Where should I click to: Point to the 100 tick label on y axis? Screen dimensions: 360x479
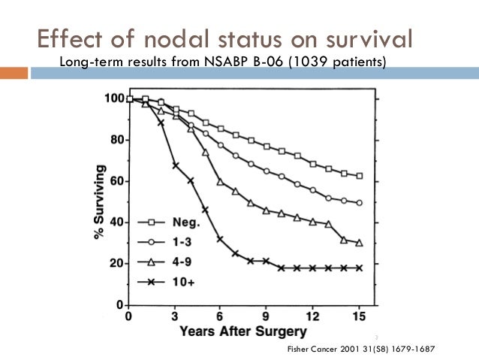pos(113,98)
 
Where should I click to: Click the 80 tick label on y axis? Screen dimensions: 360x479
pos(116,140)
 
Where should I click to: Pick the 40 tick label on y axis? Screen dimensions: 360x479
pos(116,222)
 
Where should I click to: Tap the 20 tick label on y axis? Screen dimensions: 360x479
pos(116,264)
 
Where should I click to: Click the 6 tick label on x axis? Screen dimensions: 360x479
pos(220,316)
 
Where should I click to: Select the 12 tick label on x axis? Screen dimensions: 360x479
pos(312,316)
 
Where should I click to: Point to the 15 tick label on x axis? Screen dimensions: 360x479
pos(359,316)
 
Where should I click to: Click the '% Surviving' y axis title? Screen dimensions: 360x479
pos(99,201)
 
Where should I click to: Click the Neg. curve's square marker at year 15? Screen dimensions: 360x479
pos(360,176)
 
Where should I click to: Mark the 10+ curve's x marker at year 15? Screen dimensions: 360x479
pos(360,268)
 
